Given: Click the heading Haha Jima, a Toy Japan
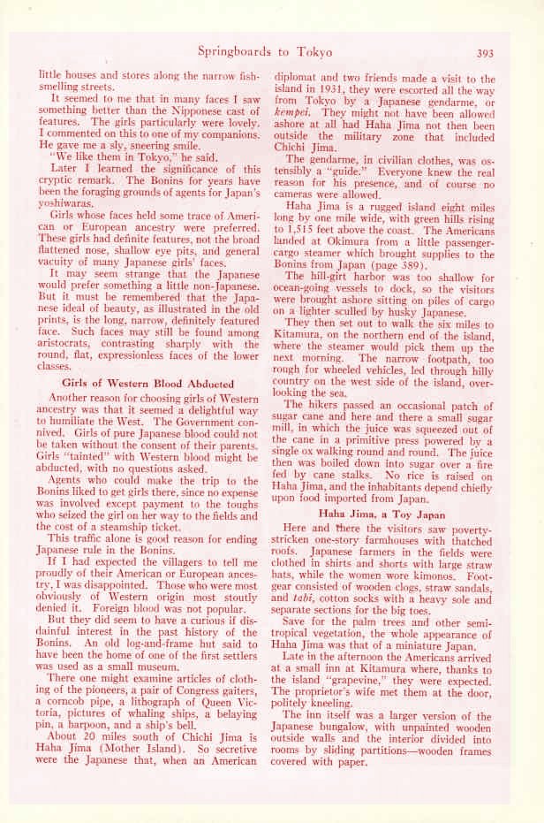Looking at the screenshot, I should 385,512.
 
